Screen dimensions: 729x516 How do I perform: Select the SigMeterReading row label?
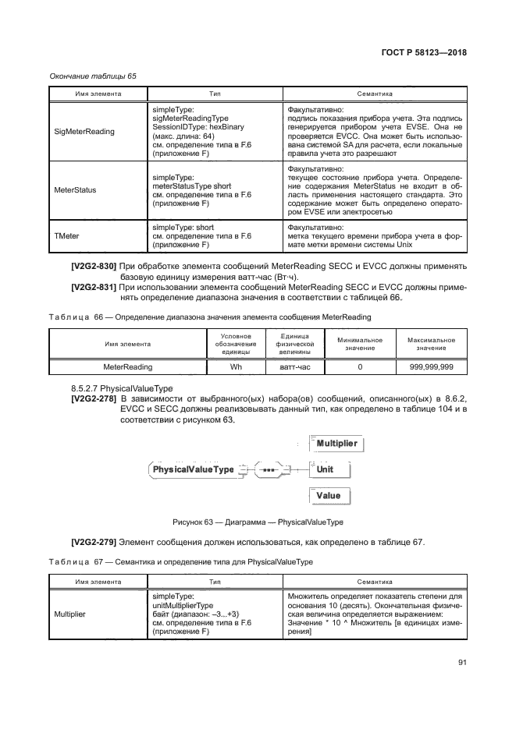(x=84, y=131)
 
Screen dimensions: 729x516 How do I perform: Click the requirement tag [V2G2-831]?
(x=94, y=288)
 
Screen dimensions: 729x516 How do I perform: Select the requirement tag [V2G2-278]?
(x=94, y=399)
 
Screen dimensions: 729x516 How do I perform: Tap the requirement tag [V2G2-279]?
(x=94, y=542)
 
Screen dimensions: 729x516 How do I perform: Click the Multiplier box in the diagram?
(x=336, y=444)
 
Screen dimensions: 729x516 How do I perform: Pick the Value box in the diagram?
(x=328, y=495)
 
